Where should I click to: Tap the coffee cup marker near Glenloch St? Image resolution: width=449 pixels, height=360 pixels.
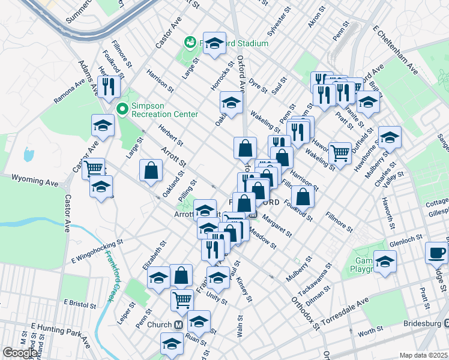(x=436, y=252)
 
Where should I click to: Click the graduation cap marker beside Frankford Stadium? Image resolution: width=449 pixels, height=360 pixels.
(x=214, y=44)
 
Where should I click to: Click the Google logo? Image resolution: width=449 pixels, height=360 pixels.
(x=20, y=353)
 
